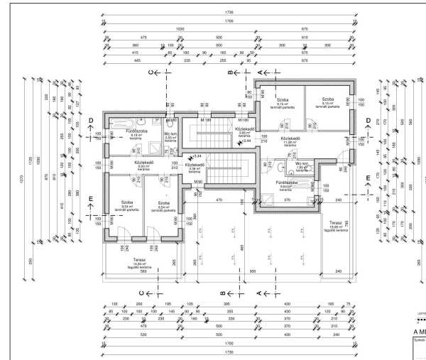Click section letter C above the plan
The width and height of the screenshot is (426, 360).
point(151,72)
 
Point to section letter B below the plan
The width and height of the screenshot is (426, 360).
point(222,293)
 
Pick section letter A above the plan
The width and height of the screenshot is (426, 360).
point(259,72)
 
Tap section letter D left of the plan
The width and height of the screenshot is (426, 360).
point(91,121)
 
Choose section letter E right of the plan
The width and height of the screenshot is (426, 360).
point(367,178)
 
